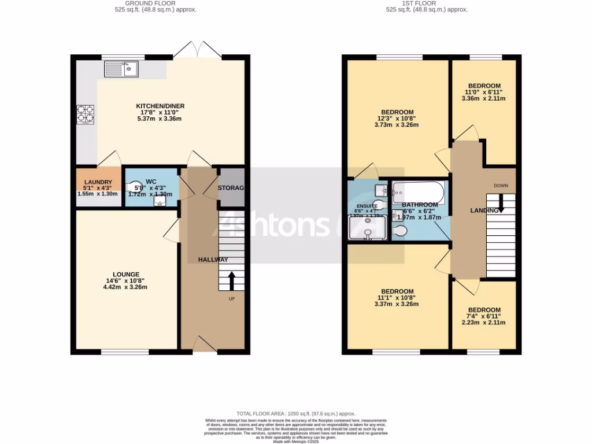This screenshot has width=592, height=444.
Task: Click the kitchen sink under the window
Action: pos(121,70)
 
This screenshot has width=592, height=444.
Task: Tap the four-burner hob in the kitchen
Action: pos(85,114)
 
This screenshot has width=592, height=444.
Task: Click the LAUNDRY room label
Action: pos(98,182)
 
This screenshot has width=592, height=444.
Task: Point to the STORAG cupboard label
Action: pos(231,188)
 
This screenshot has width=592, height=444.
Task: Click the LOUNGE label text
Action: pos(125,274)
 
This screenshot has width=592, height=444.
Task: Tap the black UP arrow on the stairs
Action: pos(231,281)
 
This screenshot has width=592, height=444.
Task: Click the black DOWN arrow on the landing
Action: pos(501,203)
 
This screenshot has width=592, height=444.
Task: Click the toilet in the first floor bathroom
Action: pos(399,231)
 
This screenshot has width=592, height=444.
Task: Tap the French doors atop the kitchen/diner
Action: pos(197,50)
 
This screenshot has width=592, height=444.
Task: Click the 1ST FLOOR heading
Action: pos(427,3)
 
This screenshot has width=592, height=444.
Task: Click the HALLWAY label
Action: pos(213,260)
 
